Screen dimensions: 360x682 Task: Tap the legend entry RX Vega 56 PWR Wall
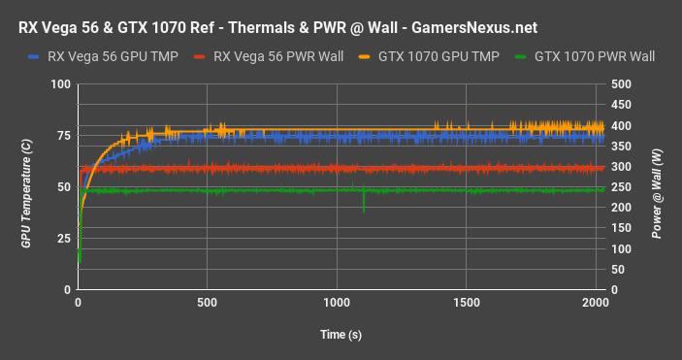[275, 57]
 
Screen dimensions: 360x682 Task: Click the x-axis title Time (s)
[341, 335]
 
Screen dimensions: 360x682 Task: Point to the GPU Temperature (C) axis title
[27, 186]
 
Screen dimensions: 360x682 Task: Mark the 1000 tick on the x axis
[337, 302]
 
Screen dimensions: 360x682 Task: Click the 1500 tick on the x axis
[467, 302]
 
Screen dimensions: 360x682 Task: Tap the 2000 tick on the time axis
[596, 302]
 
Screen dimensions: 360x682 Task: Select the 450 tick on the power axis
[619, 105]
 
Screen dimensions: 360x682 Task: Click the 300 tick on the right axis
[619, 167]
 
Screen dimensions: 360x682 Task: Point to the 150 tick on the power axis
[619, 228]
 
